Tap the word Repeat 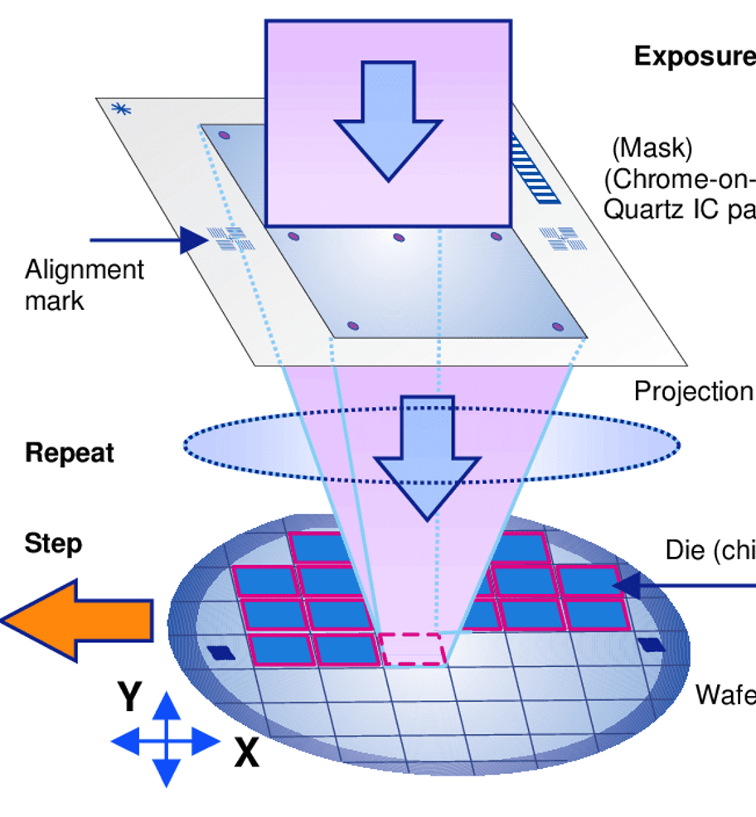pos(70,454)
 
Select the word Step pos(53,544)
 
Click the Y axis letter pos(128,697)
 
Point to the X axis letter pos(246,754)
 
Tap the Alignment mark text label pos(84,284)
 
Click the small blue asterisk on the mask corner pos(120,109)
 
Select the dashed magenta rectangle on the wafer pos(413,650)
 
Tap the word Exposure pos(695,56)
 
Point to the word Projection pos(694,391)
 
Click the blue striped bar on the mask pos(535,169)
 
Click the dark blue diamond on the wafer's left pos(221,652)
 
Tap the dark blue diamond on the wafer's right pos(652,645)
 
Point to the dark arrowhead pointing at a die pos(628,586)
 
